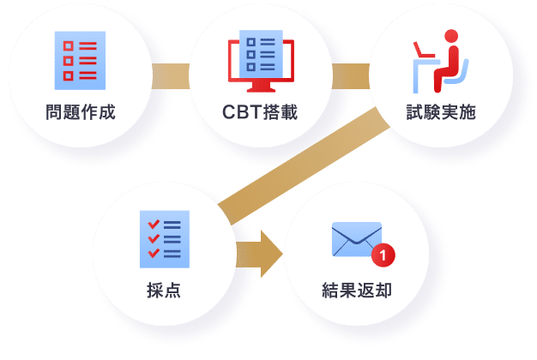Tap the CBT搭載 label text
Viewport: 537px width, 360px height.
point(260,112)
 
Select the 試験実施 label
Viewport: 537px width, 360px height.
point(440,112)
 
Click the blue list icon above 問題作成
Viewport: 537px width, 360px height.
point(80,61)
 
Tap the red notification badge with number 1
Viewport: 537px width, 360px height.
point(383,254)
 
